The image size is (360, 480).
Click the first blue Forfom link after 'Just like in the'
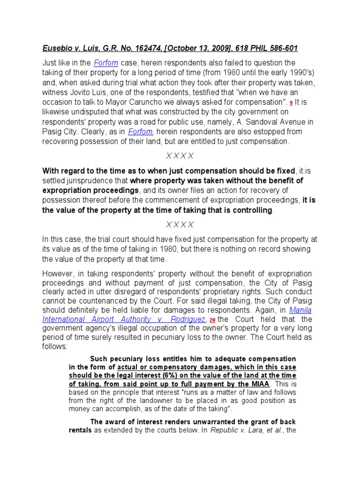tap(105, 63)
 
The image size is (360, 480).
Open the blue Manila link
tap(300, 310)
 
